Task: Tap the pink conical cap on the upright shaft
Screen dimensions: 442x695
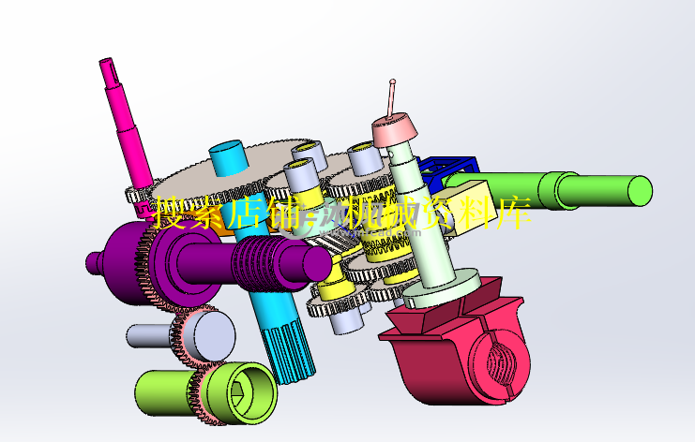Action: coord(397,130)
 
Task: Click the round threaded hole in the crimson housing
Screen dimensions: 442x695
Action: coord(496,364)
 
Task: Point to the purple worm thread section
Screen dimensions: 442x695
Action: coord(262,266)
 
